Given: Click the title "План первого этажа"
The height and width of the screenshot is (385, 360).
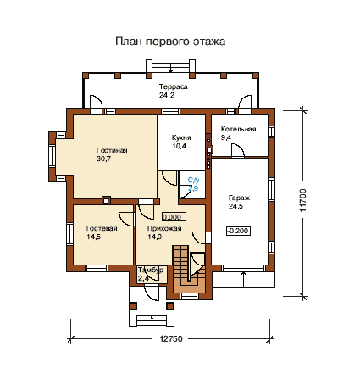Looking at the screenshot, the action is pos(170,42).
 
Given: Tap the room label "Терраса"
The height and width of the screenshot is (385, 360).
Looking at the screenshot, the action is pos(173,86).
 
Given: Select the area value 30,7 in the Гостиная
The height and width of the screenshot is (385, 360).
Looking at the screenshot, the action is pos(103,159).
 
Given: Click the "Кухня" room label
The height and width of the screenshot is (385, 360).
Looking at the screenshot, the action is pos(181,137).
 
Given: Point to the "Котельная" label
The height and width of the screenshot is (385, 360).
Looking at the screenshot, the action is pos(238,129).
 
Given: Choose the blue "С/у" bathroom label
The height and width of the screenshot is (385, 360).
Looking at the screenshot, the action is pos(193,180).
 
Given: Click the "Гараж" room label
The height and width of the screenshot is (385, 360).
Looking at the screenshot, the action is pos(239,198).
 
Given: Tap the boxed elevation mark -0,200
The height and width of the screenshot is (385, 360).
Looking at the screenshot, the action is pos(238,231).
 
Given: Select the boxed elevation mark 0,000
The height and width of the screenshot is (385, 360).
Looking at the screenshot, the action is pos(174,217).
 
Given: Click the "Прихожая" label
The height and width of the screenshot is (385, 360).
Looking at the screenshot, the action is pos(164,228).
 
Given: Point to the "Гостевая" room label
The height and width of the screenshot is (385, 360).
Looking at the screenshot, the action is pos(102,228).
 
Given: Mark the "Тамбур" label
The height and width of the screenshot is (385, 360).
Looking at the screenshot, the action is pos(151,270).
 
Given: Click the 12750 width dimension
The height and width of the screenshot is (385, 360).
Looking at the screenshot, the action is pos(171,338).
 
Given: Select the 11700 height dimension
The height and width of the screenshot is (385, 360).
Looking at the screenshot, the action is pos(302,200).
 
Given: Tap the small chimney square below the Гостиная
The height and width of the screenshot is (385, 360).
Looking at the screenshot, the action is pos(106,200).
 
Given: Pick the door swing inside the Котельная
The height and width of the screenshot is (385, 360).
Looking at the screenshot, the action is pos(238,150).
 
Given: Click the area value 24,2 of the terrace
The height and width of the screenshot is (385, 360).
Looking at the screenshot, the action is pos(167,95).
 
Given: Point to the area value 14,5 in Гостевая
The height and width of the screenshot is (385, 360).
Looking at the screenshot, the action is pos(94,237).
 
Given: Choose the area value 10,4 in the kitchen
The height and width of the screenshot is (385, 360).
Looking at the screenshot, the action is pos(179,146).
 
